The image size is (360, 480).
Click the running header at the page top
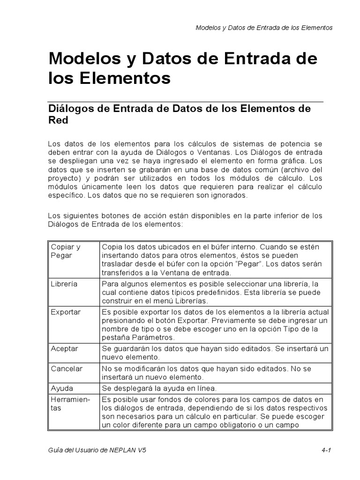click(x=264, y=28)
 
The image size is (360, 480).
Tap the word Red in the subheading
click(x=59, y=120)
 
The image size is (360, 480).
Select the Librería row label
click(x=64, y=284)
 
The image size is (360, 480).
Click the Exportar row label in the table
click(x=66, y=312)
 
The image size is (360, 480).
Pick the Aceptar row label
click(x=64, y=349)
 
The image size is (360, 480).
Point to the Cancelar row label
click(x=67, y=368)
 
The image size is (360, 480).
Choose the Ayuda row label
click(x=62, y=388)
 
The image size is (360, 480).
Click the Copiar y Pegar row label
click(x=66, y=251)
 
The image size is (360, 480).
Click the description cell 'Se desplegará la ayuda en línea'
click(x=159, y=388)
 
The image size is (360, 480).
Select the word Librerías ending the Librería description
click(x=190, y=301)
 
